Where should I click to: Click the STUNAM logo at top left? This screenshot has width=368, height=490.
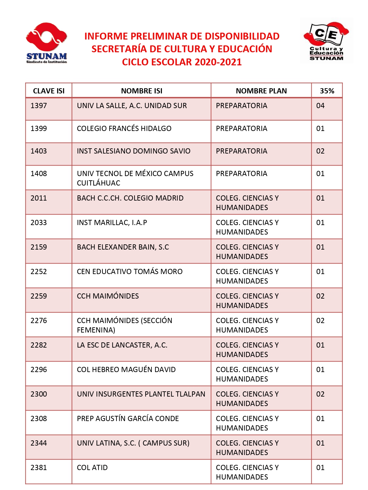[46, 43]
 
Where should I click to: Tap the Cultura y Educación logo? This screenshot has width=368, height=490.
[326, 41]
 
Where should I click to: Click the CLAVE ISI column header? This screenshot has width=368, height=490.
[49, 91]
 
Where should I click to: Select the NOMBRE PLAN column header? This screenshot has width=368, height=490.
[261, 91]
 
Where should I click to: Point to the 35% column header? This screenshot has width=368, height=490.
[327, 91]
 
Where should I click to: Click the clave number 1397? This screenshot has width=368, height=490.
[39, 106]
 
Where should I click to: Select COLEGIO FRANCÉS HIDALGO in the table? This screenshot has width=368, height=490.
[124, 128]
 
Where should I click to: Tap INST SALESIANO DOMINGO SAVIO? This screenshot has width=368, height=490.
[133, 151]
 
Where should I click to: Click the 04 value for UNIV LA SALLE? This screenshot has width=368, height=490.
[320, 106]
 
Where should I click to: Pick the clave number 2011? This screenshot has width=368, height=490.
[39, 198]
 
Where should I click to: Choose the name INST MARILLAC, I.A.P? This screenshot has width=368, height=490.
[112, 222]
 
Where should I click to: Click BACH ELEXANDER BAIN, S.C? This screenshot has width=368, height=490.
[123, 247]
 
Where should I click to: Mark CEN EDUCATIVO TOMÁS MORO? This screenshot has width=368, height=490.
[130, 271]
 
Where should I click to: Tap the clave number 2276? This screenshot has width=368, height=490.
[39, 320]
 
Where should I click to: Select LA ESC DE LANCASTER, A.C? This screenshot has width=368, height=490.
[122, 345]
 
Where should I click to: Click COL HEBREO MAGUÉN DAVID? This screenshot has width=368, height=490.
[126, 369]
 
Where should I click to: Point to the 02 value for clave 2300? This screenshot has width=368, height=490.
[320, 394]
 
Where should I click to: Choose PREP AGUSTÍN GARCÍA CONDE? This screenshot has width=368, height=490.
[128, 418]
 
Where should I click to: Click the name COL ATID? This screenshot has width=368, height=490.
[92, 467]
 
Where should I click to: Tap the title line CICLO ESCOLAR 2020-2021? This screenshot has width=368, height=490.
[182, 62]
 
